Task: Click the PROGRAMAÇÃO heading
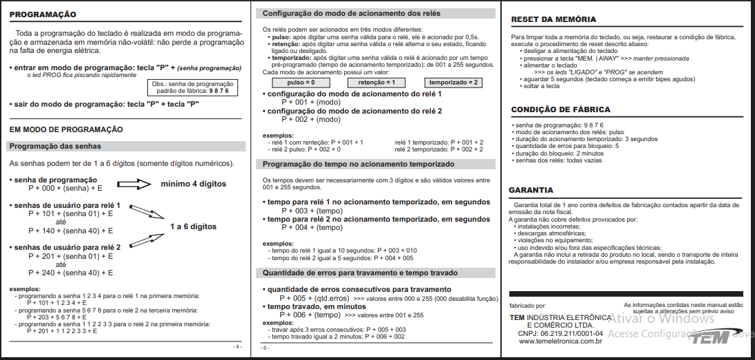click(x=43, y=14)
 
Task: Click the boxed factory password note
click(x=193, y=87)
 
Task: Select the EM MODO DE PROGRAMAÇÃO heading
click(x=66, y=129)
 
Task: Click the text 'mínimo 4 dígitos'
click(x=193, y=184)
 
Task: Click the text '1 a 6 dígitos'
click(x=193, y=226)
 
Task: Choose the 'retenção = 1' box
click(x=376, y=82)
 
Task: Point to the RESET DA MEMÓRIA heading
click(x=553, y=19)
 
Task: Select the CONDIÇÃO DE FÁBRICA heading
click(x=560, y=110)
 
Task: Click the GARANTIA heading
click(x=531, y=190)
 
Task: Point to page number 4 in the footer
click(x=238, y=346)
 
